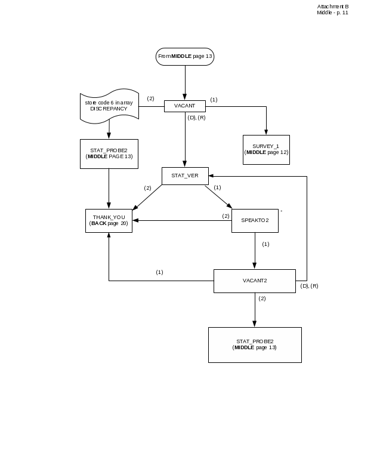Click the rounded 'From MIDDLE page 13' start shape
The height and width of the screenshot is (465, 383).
pos(185,57)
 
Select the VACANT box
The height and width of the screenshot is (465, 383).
pos(185,106)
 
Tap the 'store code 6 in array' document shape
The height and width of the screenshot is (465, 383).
pos(109,106)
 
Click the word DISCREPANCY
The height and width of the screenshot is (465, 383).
pos(109,109)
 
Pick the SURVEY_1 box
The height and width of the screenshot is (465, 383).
pos(266,149)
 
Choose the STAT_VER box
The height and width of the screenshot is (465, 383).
pos(185,175)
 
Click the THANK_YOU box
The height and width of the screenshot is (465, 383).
pos(109,220)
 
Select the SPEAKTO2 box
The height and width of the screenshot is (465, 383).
pos(255,220)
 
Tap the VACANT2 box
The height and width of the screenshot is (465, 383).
pos(255,281)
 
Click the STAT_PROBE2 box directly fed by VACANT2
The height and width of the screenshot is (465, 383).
pos(255,344)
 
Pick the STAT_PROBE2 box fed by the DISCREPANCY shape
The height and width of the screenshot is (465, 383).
pos(109,153)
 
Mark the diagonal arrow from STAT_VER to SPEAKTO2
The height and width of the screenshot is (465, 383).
pos(218,196)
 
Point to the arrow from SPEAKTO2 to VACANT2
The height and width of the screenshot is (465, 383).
pos(255,251)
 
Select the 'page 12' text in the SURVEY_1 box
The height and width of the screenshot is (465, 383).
pos(277,152)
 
